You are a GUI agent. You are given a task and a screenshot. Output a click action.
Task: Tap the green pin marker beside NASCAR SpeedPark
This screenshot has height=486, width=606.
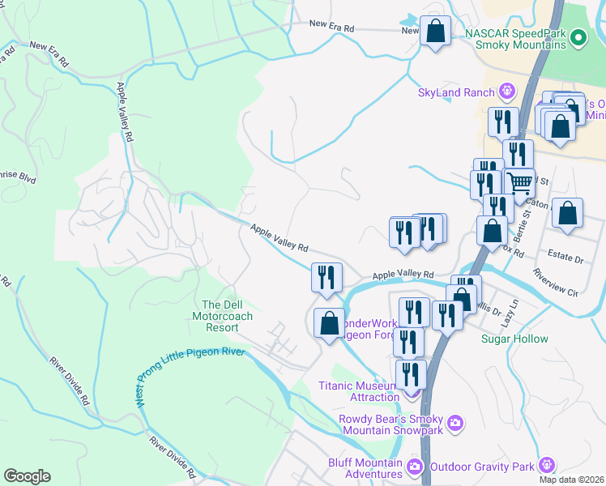tap(578, 37)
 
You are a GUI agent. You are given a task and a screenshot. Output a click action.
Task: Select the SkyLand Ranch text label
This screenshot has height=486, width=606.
tap(456, 92)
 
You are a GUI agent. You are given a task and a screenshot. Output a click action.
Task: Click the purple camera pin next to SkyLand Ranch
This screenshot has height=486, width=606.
tap(508, 91)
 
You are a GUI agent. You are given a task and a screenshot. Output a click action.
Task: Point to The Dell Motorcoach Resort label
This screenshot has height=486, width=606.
tap(216, 316)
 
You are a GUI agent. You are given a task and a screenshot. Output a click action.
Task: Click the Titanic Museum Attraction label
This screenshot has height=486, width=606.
tap(359, 391)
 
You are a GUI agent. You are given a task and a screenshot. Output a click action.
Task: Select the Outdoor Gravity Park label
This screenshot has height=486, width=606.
tap(481, 466)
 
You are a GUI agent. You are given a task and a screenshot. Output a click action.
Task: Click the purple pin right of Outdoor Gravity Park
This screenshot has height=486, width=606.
tap(548, 465)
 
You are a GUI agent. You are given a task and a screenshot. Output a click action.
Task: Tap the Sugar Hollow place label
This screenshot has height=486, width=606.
tap(514, 339)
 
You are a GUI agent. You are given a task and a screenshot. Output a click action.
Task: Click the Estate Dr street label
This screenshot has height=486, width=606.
tap(566, 260)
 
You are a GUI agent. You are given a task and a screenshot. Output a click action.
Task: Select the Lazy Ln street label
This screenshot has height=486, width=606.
tap(507, 311)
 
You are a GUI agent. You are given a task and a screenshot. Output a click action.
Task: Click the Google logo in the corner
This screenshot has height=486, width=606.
tap(27, 476)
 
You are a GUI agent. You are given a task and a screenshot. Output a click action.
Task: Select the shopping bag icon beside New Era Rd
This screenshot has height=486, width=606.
tap(436, 32)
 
